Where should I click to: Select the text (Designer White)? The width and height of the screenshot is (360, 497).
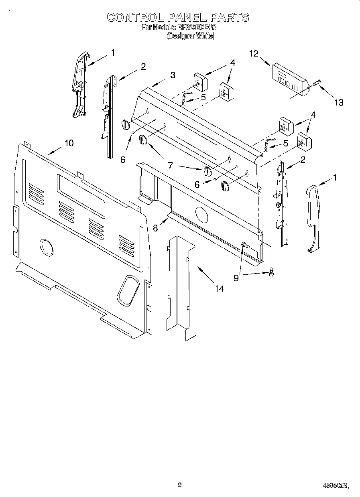[191, 35]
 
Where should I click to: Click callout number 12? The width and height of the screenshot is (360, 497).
[254, 53]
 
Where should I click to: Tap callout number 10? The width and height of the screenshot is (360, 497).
[69, 143]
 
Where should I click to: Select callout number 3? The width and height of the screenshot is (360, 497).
[172, 75]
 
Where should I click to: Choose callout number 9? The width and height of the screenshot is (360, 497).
[236, 277]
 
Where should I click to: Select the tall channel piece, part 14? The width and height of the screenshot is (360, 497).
[181, 289]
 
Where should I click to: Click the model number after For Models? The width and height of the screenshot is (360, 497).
[200, 28]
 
